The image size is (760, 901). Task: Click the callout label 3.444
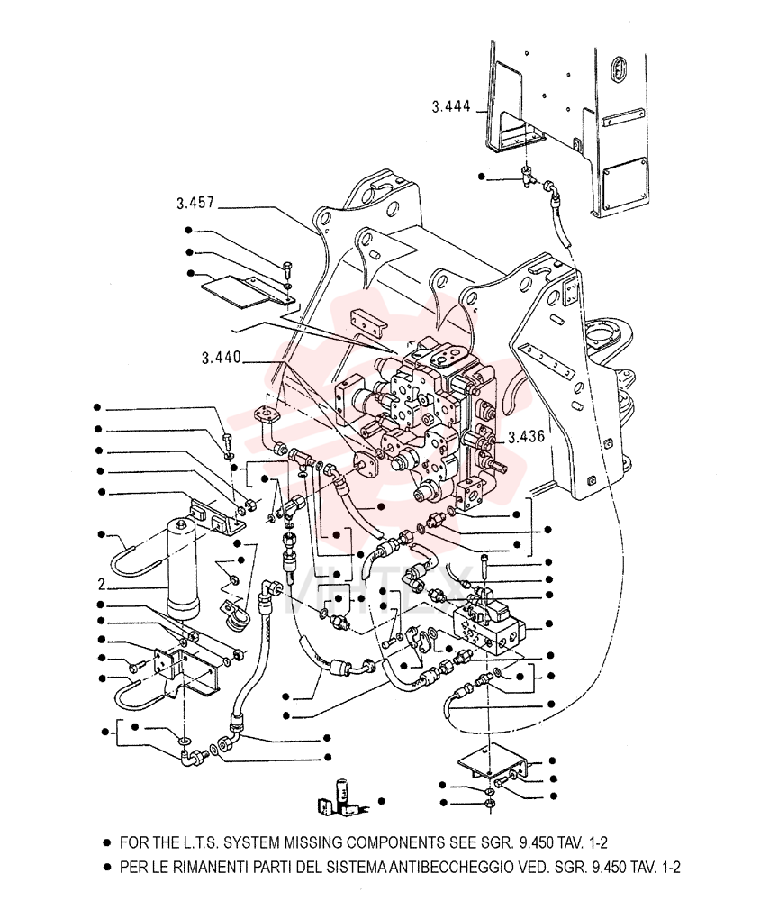451,106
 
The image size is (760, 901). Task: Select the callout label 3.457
195,203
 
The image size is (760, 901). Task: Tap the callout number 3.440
222,358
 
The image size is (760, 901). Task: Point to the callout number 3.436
526,437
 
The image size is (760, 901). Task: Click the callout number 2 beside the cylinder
102,585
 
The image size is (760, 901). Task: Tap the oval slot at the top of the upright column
620,68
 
